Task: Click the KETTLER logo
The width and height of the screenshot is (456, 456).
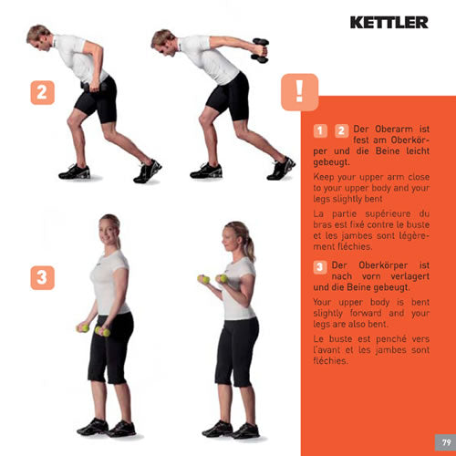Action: coord(389,23)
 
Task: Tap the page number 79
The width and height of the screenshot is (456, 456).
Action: coord(446,442)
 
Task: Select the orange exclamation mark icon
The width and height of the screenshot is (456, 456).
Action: coord(300,92)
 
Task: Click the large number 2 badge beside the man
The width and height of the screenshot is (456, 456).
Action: coord(43,92)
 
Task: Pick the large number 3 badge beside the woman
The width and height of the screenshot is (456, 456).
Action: coord(43,278)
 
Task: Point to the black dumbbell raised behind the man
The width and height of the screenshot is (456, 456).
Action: coord(260,50)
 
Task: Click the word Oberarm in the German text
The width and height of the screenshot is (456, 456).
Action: coord(394,130)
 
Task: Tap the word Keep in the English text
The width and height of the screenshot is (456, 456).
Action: coord(324,177)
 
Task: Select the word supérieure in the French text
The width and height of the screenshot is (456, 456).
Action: coord(388,214)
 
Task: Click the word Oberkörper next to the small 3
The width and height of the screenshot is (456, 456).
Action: coord(383,265)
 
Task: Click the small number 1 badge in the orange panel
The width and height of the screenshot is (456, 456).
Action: coord(320,131)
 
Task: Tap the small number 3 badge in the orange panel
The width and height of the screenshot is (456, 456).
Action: coord(320,267)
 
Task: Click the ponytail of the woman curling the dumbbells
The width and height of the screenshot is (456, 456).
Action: coord(250,248)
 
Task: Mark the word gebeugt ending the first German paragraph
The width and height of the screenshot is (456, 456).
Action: coord(331,162)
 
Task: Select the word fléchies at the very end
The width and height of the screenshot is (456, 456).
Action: coord(330,361)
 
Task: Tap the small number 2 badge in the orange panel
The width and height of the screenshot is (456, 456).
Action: coord(341,131)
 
